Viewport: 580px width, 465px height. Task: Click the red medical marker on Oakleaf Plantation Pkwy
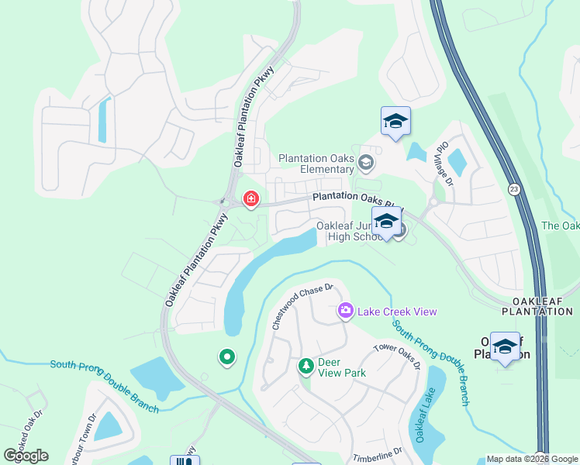pyautogui.click(x=250, y=200)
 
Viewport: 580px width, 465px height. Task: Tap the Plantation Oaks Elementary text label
pyautogui.click(x=318, y=164)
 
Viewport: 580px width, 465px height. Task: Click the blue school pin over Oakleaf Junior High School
pyautogui.click(x=386, y=222)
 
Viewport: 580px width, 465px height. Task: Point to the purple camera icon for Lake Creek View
pyautogui.click(x=346, y=311)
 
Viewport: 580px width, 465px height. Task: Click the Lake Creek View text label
pyautogui.click(x=397, y=312)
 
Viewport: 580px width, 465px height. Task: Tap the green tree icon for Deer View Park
pyautogui.click(x=306, y=365)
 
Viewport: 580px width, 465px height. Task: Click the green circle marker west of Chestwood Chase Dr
pyautogui.click(x=226, y=356)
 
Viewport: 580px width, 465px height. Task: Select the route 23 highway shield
pyautogui.click(x=513, y=188)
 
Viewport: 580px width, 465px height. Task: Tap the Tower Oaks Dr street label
pyautogui.click(x=397, y=356)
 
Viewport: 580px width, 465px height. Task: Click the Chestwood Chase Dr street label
pyautogui.click(x=302, y=306)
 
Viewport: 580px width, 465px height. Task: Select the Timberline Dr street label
pyautogui.click(x=378, y=453)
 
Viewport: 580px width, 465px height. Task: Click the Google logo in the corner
pyautogui.click(x=26, y=455)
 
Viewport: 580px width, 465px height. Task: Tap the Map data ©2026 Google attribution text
pyautogui.click(x=532, y=459)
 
